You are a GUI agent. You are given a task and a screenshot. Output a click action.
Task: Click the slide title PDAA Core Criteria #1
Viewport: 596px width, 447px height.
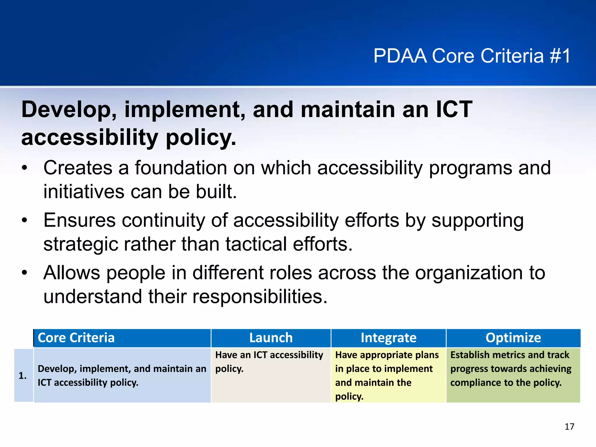(x=472, y=56)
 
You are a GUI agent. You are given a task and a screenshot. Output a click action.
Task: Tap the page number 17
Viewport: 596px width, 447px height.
(x=569, y=427)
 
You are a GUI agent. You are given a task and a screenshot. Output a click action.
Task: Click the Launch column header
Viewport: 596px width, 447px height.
(x=271, y=338)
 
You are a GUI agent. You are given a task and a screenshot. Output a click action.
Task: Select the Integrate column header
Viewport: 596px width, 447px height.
(x=388, y=338)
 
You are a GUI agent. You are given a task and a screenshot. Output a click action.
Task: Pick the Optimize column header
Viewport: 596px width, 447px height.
(x=513, y=338)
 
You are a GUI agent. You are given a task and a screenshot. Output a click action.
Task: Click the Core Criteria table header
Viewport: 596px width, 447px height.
(x=76, y=338)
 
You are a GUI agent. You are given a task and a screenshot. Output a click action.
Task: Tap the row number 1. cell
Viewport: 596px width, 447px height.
(x=23, y=375)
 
